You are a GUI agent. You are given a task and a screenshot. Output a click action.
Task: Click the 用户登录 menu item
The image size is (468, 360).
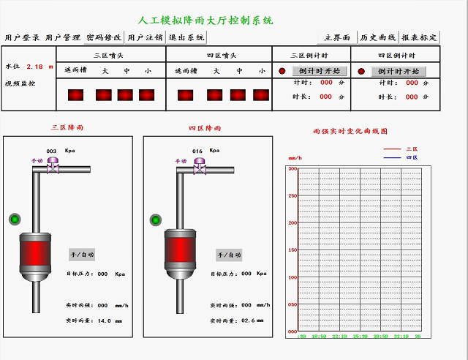click(22, 37)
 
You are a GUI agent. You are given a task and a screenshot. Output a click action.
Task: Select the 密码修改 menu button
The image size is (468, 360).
click(104, 37)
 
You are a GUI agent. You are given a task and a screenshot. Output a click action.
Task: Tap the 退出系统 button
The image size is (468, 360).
click(186, 37)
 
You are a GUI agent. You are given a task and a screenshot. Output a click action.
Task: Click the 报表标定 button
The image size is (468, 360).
click(420, 37)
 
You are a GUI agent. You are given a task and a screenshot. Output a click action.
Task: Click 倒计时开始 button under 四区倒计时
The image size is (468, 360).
click(399, 71)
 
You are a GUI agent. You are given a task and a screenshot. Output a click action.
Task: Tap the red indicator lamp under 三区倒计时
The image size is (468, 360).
click(282, 71)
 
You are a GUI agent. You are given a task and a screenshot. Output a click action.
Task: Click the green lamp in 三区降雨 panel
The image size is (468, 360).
click(14, 219)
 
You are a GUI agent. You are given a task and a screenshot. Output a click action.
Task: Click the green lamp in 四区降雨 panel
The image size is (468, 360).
click(155, 220)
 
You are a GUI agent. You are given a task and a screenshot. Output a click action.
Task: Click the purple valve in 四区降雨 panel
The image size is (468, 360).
click(199, 169)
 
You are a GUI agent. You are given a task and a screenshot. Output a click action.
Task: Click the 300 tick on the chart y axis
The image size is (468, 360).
click(292, 169)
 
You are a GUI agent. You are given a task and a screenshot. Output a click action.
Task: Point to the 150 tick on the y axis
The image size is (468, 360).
click(292, 250)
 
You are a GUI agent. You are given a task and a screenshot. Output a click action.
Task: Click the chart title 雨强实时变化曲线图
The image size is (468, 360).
click(349, 132)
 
